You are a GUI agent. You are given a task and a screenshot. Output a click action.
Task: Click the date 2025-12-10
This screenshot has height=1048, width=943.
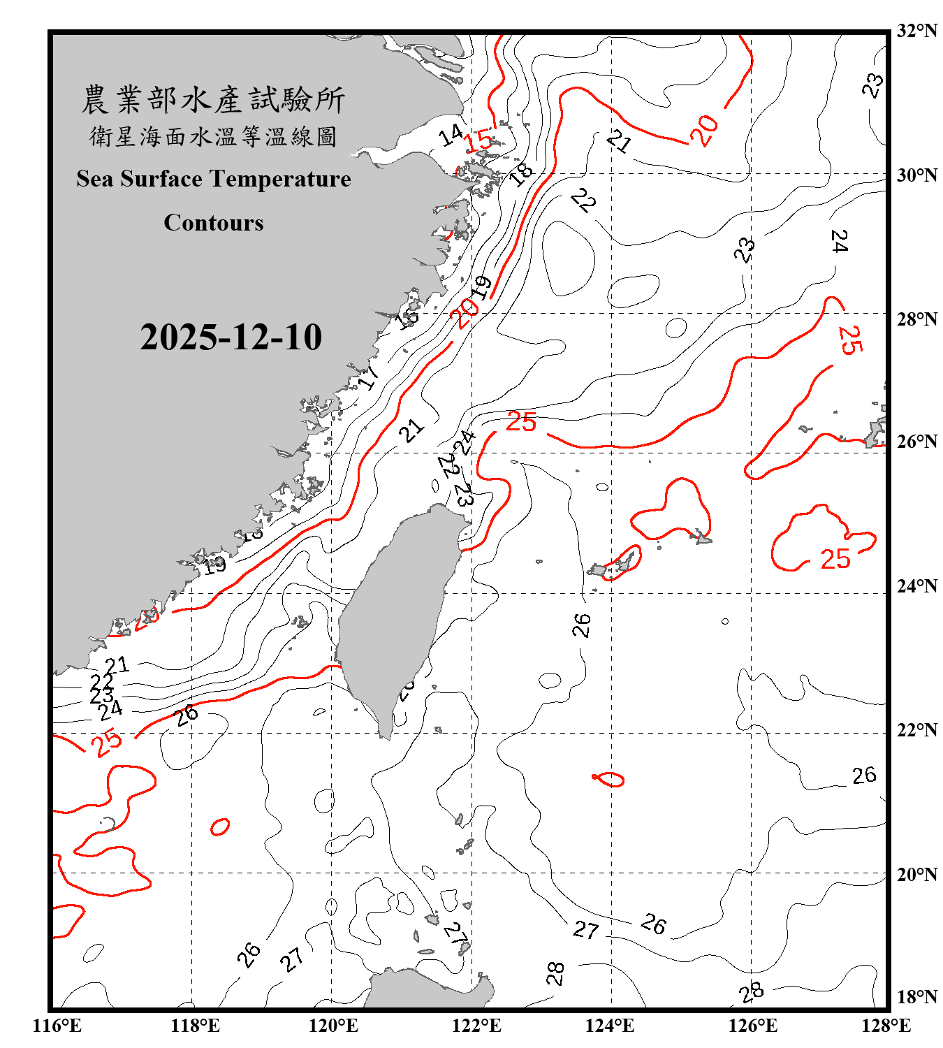(x=231, y=337)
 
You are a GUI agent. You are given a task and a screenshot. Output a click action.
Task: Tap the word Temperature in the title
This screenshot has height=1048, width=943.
(x=281, y=179)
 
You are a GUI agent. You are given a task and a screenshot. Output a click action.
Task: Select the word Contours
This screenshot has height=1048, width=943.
(x=214, y=223)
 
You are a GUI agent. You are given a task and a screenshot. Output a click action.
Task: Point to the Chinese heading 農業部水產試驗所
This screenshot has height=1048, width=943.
(x=213, y=100)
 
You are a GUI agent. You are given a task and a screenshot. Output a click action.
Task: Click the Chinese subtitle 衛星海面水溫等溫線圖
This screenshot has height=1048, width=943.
(x=213, y=136)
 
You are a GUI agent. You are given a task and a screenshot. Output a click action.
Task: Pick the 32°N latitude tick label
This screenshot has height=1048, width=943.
(x=916, y=31)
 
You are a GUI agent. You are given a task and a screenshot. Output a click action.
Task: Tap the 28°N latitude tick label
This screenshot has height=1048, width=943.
(x=916, y=319)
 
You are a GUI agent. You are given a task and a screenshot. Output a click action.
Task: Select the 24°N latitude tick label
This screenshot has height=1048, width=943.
(x=916, y=586)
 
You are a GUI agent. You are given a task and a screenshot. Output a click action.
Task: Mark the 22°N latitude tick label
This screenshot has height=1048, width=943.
(x=916, y=730)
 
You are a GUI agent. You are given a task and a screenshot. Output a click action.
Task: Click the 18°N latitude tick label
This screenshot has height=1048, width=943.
(x=916, y=997)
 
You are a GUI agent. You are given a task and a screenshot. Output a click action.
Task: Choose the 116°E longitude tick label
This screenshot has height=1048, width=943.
(x=57, y=1026)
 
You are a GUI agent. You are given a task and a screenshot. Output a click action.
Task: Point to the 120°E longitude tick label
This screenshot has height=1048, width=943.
(x=333, y=1026)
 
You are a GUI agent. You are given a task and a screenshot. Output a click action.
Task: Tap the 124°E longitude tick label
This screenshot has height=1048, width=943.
(x=610, y=1026)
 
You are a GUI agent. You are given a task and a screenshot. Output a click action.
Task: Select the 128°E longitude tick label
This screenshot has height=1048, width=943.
(x=886, y=1026)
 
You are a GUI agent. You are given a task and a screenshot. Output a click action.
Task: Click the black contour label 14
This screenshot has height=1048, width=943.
(x=451, y=135)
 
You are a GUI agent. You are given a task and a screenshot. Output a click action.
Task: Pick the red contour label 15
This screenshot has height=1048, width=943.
(x=479, y=140)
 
